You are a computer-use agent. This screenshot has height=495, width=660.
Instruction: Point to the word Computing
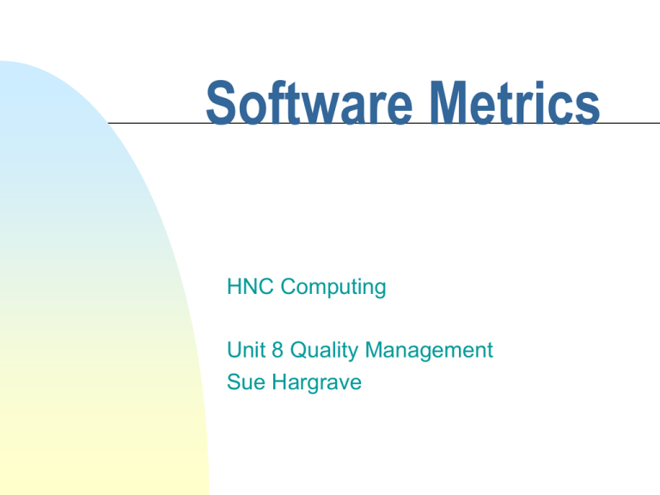pyautogui.click(x=334, y=287)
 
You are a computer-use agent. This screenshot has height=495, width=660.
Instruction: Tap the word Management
pyautogui.click(x=429, y=351)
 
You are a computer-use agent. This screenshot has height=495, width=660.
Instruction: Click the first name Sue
pyautogui.click(x=244, y=382)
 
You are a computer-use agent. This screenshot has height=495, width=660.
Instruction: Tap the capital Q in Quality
pyautogui.click(x=294, y=351)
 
